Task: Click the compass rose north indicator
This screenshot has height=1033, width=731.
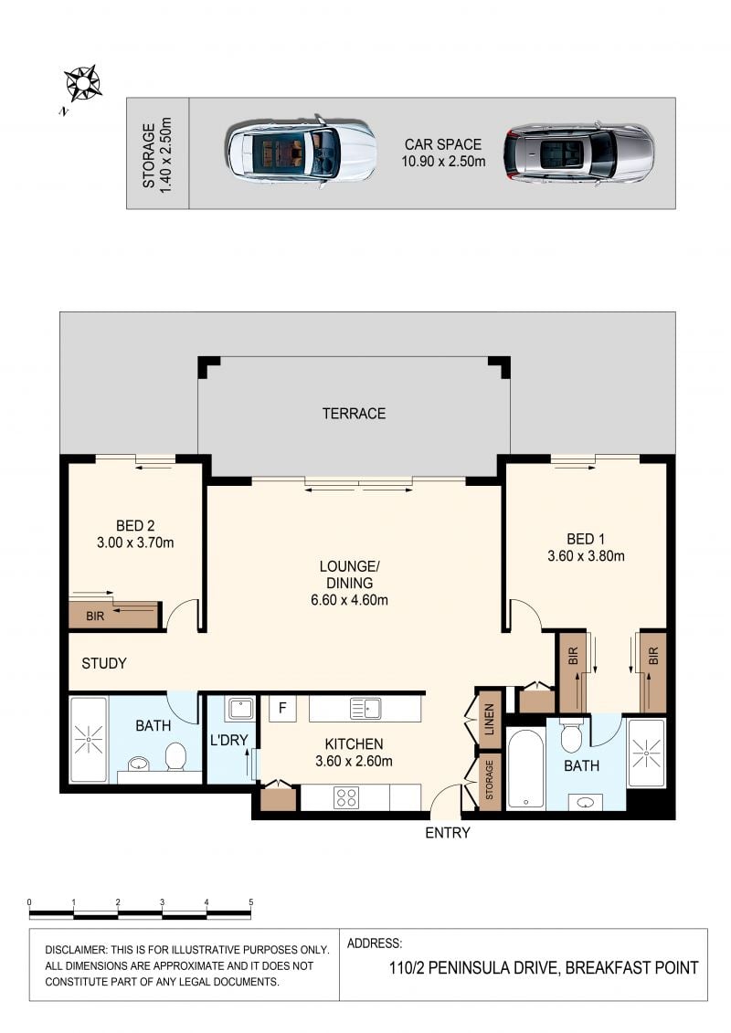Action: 82,84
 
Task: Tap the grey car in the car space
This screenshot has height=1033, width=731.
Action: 578,153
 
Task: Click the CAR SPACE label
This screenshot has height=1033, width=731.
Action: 443,144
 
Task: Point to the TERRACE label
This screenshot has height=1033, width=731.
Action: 354,414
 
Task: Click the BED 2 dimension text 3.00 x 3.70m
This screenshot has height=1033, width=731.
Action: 135,543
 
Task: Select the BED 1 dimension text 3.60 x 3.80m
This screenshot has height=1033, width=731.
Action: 586,556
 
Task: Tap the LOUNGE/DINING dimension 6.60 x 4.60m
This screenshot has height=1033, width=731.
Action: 349,600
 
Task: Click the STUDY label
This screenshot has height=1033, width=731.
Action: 104,663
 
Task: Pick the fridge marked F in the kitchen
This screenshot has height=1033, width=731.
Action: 282,708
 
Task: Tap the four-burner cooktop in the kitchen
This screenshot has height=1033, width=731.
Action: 346,797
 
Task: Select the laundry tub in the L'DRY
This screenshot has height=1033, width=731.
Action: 240,709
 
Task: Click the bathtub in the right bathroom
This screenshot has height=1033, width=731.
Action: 525,768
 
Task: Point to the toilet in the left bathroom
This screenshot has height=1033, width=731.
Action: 175,757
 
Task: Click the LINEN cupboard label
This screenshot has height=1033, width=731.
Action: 489,720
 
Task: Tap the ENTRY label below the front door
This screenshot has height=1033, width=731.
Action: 448,833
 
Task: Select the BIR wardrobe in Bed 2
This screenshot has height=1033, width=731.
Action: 115,614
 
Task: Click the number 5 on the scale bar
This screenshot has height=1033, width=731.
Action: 250,902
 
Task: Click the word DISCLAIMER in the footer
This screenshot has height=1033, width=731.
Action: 75,950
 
